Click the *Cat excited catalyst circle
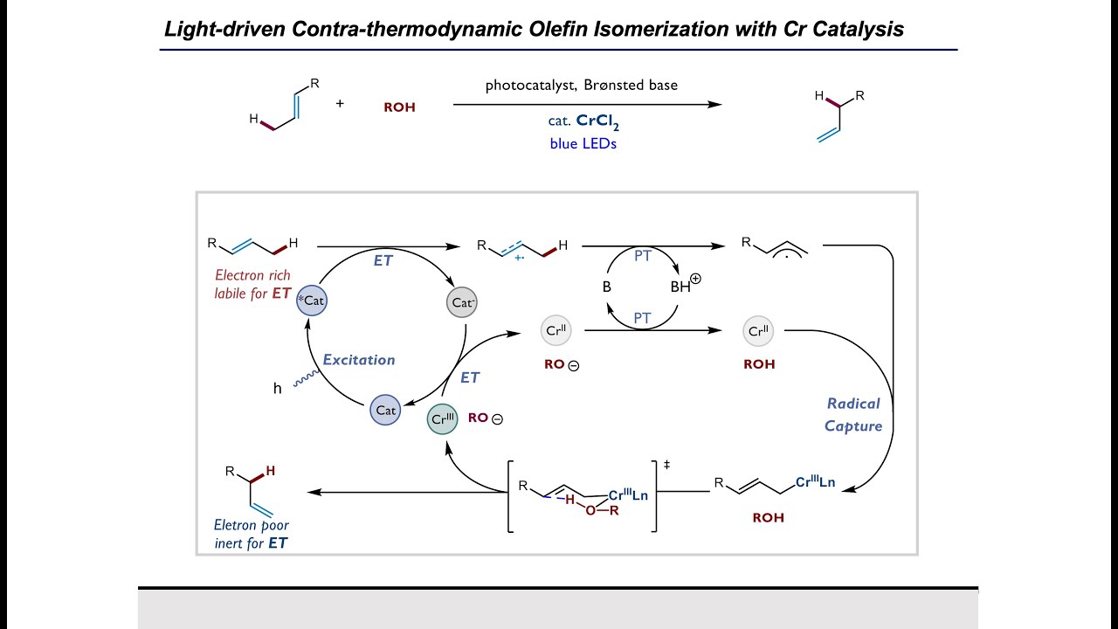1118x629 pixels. click(312, 301)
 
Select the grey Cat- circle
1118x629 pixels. click(463, 302)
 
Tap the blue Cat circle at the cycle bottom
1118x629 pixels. click(385, 410)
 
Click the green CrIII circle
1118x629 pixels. click(443, 419)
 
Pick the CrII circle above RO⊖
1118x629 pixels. click(556, 331)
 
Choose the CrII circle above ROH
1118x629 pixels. click(758, 331)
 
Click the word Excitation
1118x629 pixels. click(359, 359)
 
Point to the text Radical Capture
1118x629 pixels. click(853, 415)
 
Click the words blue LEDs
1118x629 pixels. click(583, 144)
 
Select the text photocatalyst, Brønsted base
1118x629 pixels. click(582, 86)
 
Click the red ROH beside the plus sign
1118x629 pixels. click(399, 107)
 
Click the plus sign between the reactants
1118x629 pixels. click(340, 103)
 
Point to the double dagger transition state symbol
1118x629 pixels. click(666, 465)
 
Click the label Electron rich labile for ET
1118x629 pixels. click(252, 285)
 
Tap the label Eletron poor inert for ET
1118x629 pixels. click(252, 534)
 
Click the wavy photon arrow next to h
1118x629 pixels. click(305, 377)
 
